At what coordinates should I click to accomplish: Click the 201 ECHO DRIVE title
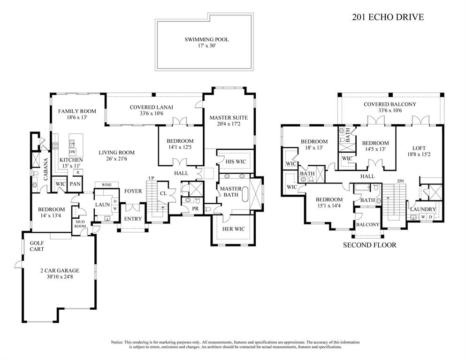pos(388,17)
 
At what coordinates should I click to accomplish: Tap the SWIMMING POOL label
pos(206,40)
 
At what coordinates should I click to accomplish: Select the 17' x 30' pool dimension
pos(206,47)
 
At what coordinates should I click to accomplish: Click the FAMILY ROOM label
pos(77,111)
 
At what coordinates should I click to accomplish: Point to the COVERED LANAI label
pos(151,107)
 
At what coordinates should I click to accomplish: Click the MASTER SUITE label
pos(229,118)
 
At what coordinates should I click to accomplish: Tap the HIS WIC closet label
pos(234,162)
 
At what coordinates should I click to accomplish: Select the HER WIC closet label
pos(234,229)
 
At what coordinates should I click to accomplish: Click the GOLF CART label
pos(37,246)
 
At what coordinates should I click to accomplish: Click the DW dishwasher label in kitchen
pos(72,152)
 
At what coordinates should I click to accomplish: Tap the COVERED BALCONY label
pos(390,104)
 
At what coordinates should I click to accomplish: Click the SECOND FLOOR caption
pos(369,245)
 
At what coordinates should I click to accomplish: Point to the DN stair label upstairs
pos(400,180)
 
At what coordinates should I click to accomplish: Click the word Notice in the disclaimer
pos(117,342)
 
